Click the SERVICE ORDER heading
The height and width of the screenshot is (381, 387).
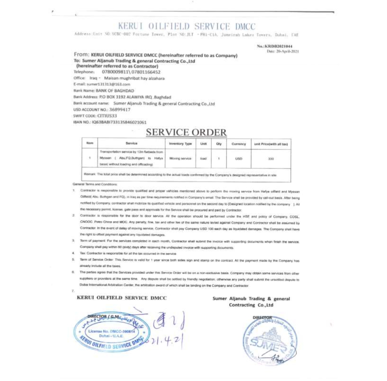186,132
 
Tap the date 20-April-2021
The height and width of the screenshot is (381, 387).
283,51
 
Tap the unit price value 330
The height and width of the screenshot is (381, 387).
271,159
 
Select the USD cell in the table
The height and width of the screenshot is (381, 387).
238,159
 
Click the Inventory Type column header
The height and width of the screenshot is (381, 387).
181,144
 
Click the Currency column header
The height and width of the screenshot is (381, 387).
238,144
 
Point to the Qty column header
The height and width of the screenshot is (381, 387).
219,144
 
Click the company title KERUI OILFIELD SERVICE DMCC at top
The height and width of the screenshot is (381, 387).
187,27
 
